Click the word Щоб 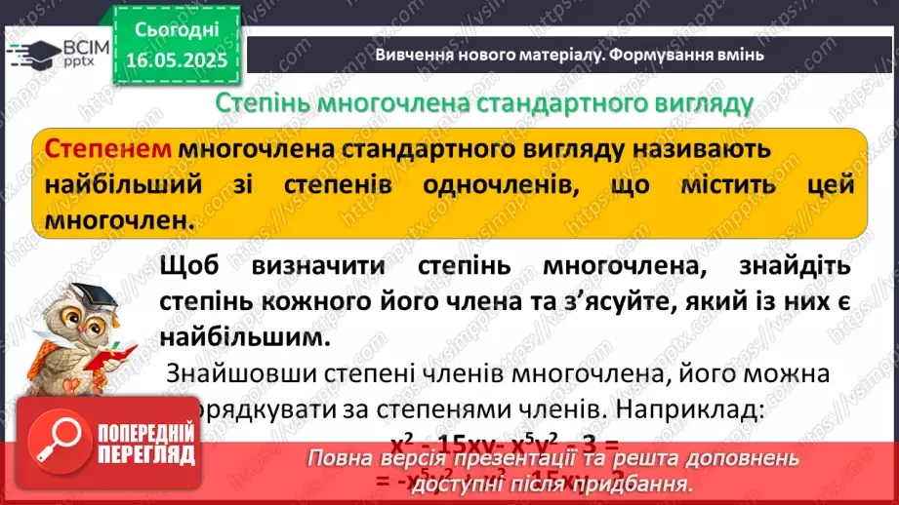coord(194,266)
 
